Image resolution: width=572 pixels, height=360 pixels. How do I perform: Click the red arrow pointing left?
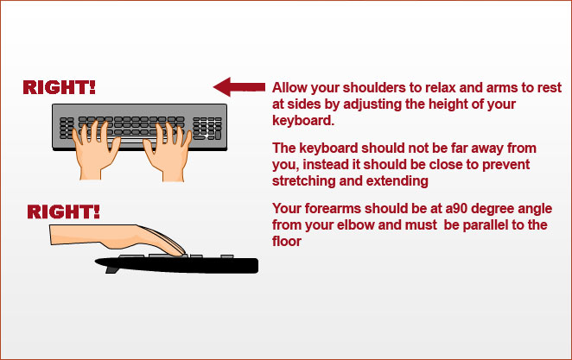(x=239, y=86)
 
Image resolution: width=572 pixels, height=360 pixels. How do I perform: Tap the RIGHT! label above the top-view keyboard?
(x=59, y=87)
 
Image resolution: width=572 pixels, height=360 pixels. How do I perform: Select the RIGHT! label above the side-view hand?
(x=63, y=212)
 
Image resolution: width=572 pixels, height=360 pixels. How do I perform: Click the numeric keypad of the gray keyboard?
(x=207, y=128)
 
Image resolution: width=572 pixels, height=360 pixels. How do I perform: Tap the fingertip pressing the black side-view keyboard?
(x=180, y=252)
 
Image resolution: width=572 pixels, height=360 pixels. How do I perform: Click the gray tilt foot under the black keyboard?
(x=112, y=270)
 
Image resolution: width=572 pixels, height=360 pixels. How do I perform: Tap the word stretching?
(x=303, y=181)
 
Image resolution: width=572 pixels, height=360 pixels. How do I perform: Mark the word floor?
(x=287, y=242)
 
